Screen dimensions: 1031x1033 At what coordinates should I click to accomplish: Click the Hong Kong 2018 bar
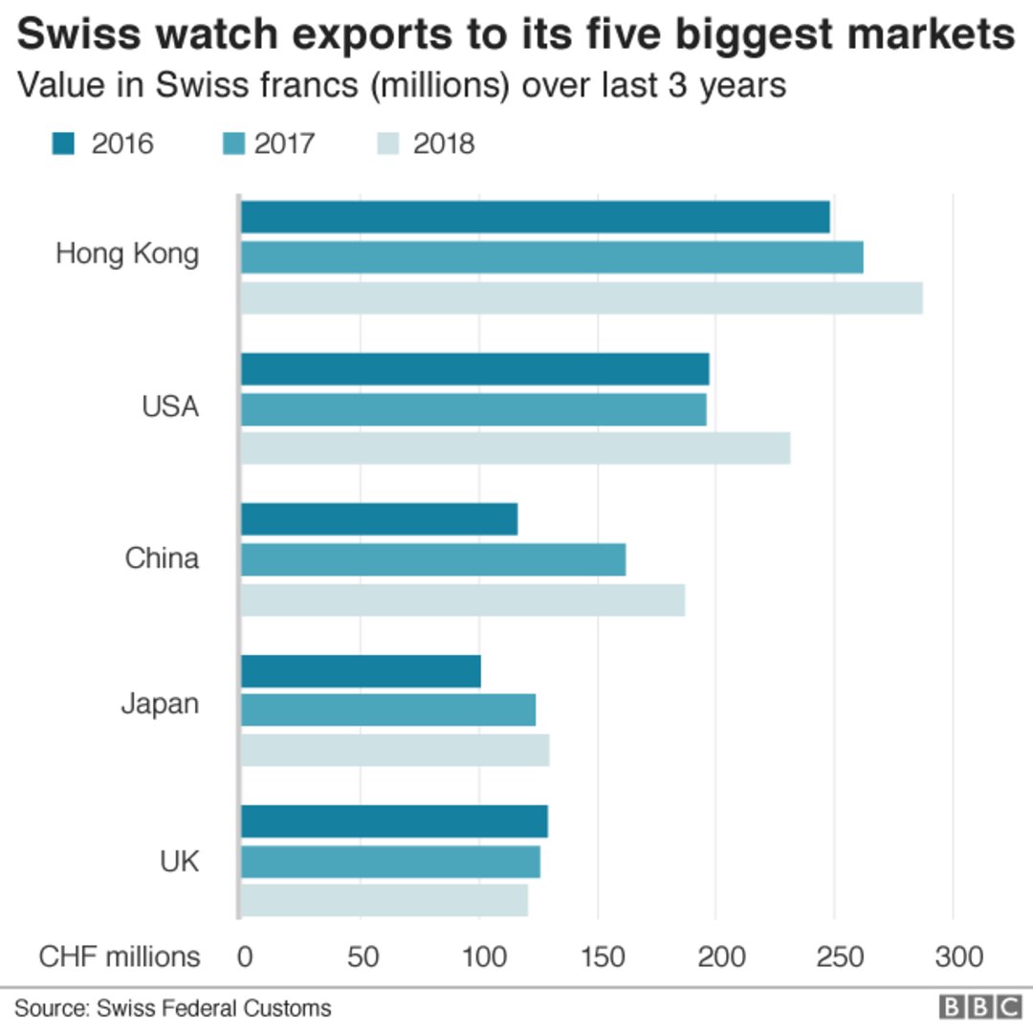[582, 298]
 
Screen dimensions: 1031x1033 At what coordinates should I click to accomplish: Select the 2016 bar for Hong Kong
[535, 217]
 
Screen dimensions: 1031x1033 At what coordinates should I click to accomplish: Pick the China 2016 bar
[379, 519]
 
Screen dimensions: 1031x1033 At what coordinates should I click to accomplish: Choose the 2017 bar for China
[432, 559]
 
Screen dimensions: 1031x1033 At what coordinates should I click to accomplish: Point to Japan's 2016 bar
[361, 671]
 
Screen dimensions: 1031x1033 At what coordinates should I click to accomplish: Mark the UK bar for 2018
[384, 900]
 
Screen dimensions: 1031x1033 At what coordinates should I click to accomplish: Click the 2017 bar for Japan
[387, 710]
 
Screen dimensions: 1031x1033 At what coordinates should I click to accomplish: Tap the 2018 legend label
[444, 143]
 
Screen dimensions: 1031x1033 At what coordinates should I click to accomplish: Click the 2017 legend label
[285, 143]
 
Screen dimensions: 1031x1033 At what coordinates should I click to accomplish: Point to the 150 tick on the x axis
[598, 957]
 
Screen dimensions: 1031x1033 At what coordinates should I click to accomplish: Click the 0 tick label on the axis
[245, 957]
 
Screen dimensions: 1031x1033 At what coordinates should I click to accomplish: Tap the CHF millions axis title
[120, 957]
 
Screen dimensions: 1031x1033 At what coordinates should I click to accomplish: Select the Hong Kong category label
[127, 254]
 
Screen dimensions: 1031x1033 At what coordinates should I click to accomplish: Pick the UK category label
[179, 862]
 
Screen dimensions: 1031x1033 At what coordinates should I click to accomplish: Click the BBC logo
[980, 1007]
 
